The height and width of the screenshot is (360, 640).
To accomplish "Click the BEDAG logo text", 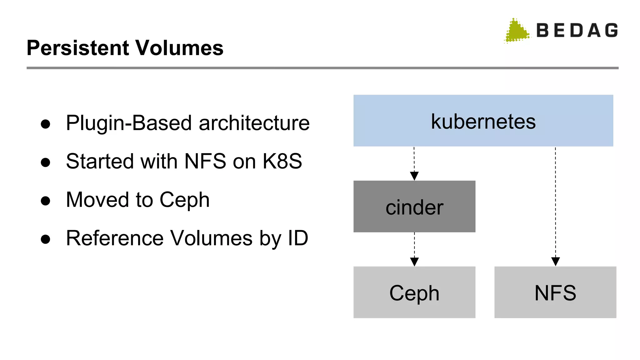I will [x=577, y=31].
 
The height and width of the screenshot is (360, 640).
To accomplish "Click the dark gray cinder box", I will [x=414, y=207].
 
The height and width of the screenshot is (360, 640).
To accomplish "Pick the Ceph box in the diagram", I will [x=414, y=292].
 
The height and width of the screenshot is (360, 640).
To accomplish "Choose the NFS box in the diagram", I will [x=555, y=292].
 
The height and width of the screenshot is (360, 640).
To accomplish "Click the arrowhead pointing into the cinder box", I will [x=414, y=176].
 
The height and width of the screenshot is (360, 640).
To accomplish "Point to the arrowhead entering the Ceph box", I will [x=414, y=262].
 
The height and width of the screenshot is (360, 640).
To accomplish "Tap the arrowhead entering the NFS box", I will [x=555, y=261].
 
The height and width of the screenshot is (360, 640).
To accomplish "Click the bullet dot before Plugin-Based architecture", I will [x=46, y=124].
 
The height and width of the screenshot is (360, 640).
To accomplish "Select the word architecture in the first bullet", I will [x=254, y=123].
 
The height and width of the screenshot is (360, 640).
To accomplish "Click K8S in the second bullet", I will [x=282, y=161].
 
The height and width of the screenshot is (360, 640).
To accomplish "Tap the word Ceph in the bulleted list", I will [x=184, y=200].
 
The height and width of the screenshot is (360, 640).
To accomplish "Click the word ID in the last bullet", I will [x=298, y=238].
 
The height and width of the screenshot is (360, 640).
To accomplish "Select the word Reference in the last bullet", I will [x=115, y=238].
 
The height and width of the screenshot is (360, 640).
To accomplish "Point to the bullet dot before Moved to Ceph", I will [x=46, y=201].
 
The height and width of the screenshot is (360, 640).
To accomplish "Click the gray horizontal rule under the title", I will [x=322, y=68].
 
